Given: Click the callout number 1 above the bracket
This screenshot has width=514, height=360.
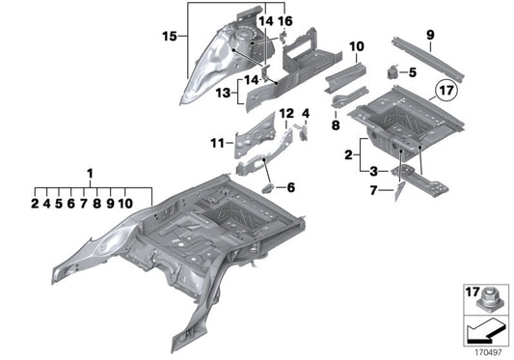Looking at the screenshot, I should point(92,174).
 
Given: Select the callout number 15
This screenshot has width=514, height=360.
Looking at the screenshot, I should point(170,37).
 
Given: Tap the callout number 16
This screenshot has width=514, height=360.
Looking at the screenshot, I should point(285,20).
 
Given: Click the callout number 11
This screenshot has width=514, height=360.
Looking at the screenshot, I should point(215,144).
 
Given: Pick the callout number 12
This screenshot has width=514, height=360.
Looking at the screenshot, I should point(285,113).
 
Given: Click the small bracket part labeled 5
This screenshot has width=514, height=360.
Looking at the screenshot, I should point(394,71).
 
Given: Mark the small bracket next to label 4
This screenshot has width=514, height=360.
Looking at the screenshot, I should point(303,132).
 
